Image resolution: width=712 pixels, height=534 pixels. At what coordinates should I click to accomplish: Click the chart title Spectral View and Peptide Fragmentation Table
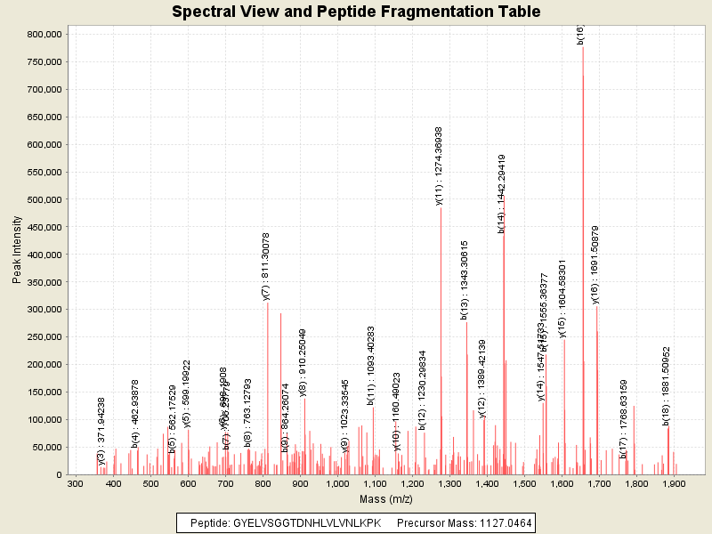[x=356, y=12]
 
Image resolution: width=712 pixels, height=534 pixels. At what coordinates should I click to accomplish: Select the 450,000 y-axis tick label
[x=43, y=227]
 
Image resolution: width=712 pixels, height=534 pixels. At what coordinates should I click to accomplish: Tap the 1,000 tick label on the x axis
[x=337, y=484]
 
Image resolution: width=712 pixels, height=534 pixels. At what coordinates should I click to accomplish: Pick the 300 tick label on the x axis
[x=76, y=484]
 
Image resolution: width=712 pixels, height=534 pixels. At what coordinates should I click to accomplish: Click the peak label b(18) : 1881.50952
[x=666, y=385]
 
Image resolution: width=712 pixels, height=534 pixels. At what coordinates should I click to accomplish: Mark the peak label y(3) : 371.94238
[x=101, y=431]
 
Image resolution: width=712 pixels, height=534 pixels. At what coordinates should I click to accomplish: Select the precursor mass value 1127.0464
[x=502, y=523]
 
